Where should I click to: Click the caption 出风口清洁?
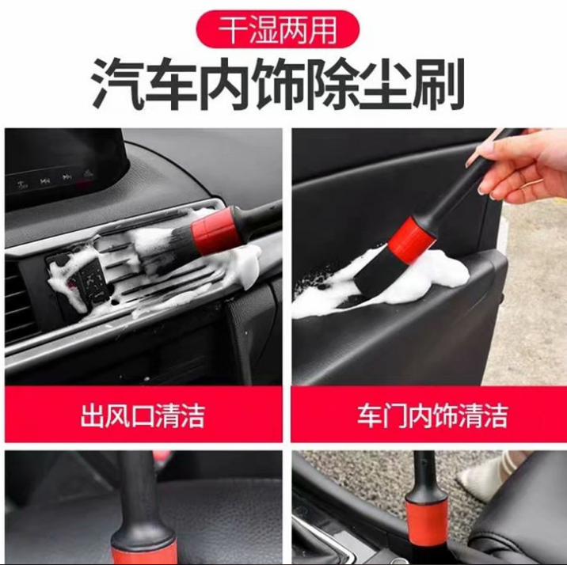pos(143,415)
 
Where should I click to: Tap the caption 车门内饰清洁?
pos(432,415)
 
